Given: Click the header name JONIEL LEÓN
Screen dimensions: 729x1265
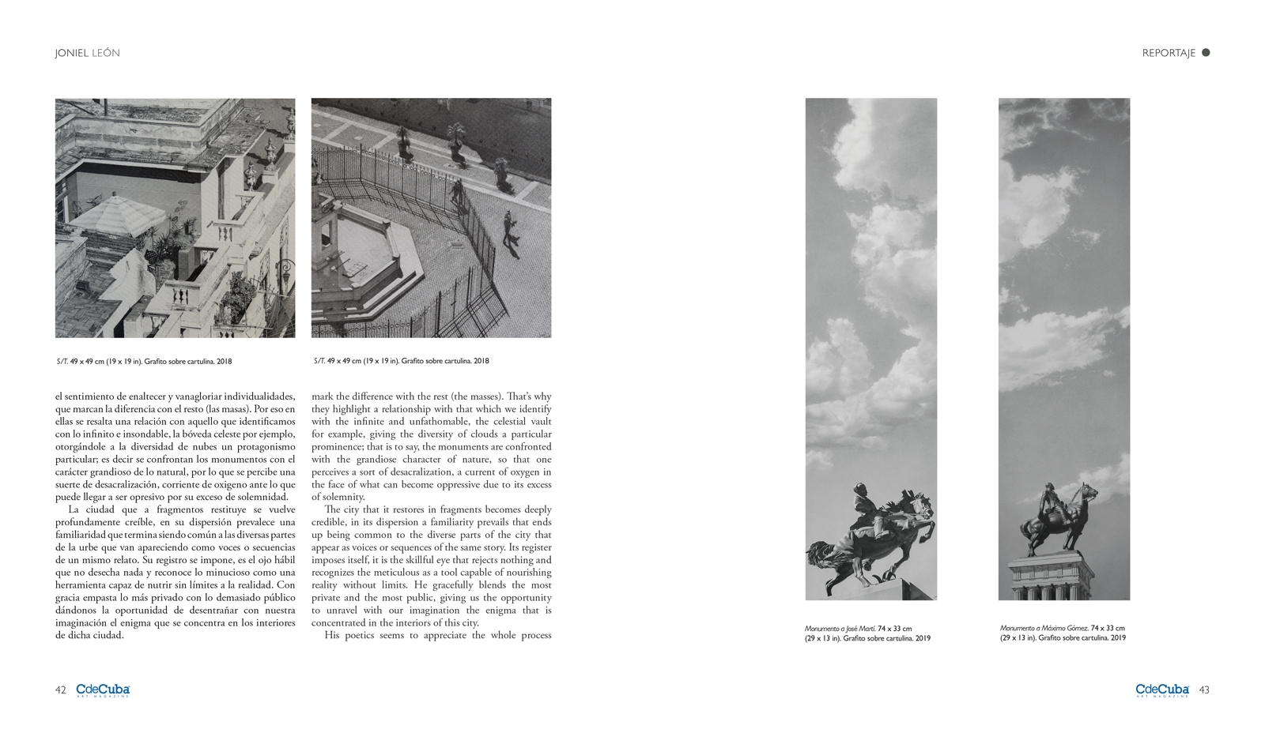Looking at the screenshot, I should pos(87,53).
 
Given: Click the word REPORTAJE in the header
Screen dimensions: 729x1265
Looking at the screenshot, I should pos(1168,53).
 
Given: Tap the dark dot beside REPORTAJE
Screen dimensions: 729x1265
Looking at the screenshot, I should pos(1206,53).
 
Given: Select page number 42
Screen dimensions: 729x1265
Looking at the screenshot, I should pos(60,690).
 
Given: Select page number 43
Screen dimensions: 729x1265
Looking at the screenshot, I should pos(1203,690).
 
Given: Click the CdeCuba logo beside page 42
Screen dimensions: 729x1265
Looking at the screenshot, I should pos(103,690).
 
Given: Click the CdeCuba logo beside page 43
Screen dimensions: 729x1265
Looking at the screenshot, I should pos(1162,690).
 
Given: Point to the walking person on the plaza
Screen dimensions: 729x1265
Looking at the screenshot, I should pos(508,228).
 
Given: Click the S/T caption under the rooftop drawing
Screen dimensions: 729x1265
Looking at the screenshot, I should pos(144,362).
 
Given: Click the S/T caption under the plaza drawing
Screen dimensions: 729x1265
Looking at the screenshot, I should pos(401,361).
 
